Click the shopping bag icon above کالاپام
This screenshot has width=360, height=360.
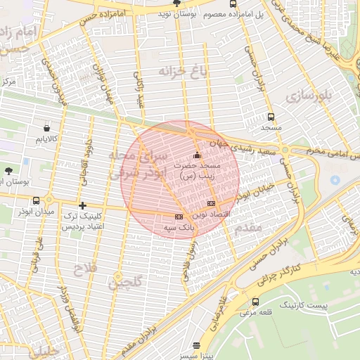pos(46,129)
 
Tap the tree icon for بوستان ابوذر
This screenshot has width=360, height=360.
pos(8,171)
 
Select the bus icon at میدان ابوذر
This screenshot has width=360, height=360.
pos(37,201)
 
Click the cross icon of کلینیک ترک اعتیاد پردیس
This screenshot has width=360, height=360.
pos(83,205)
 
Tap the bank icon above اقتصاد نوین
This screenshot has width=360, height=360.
pos(211,203)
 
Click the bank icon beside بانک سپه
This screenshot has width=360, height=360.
pos(179,217)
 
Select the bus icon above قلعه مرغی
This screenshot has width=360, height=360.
pos(255,302)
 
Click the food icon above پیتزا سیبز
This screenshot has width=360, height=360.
pos(196,345)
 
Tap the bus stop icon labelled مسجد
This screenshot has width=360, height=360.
pos(271,117)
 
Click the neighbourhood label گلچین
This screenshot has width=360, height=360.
pos(125,283)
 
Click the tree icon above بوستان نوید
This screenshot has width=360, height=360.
pos(176,4)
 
